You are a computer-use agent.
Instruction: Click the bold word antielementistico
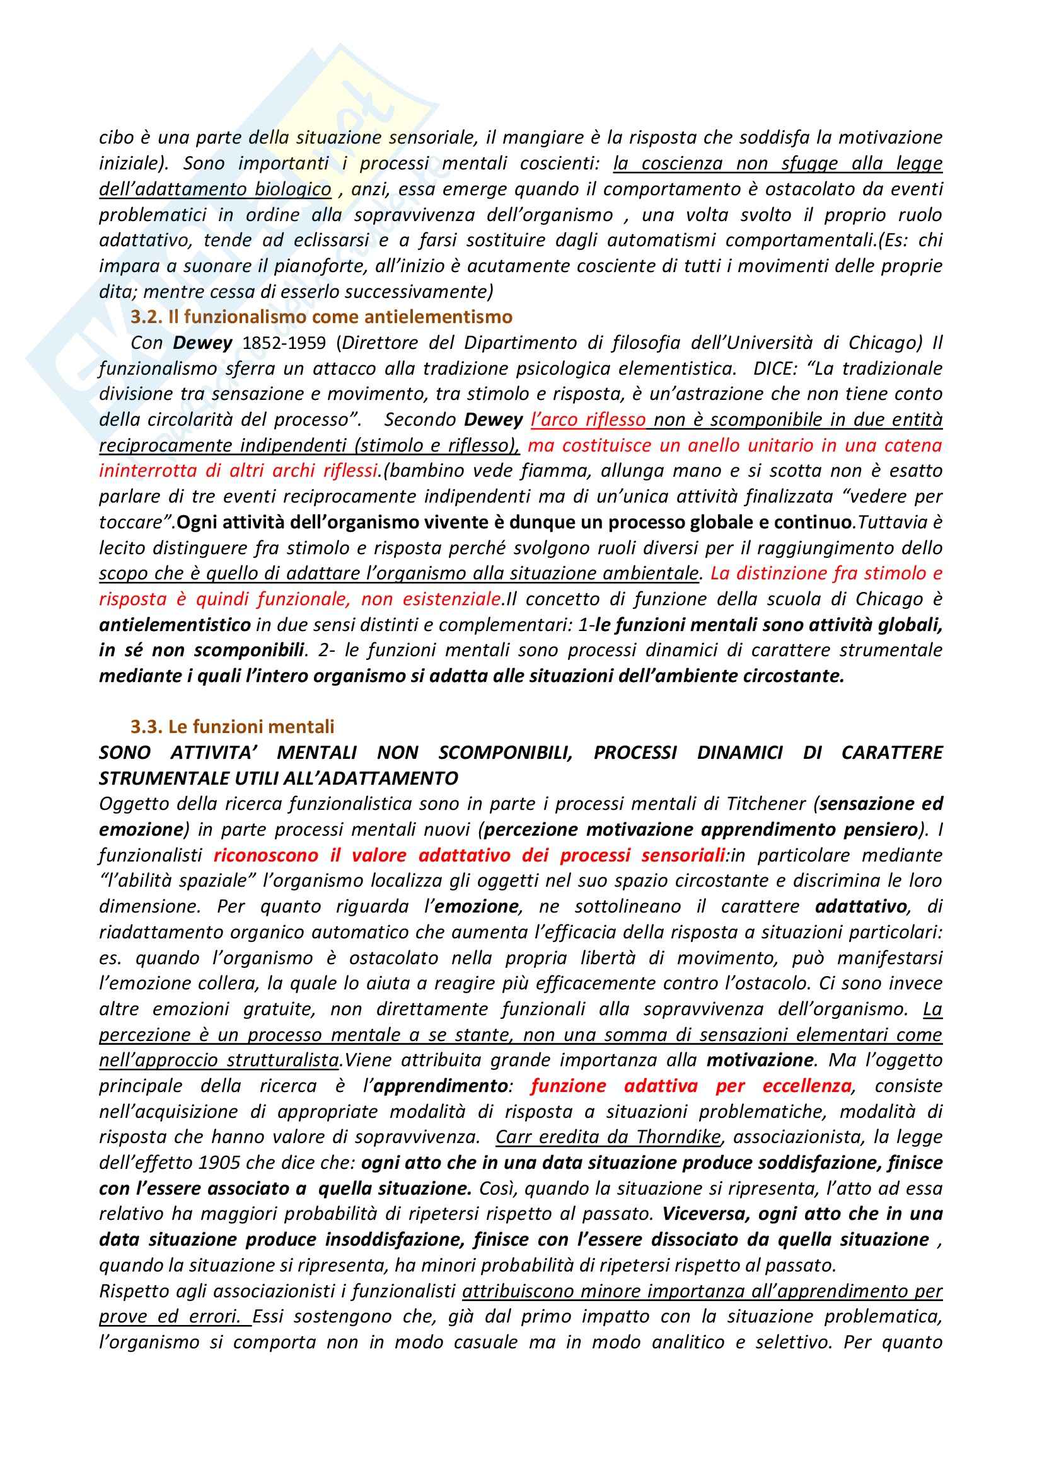tap(175, 624)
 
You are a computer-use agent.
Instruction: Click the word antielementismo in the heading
tap(443, 317)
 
